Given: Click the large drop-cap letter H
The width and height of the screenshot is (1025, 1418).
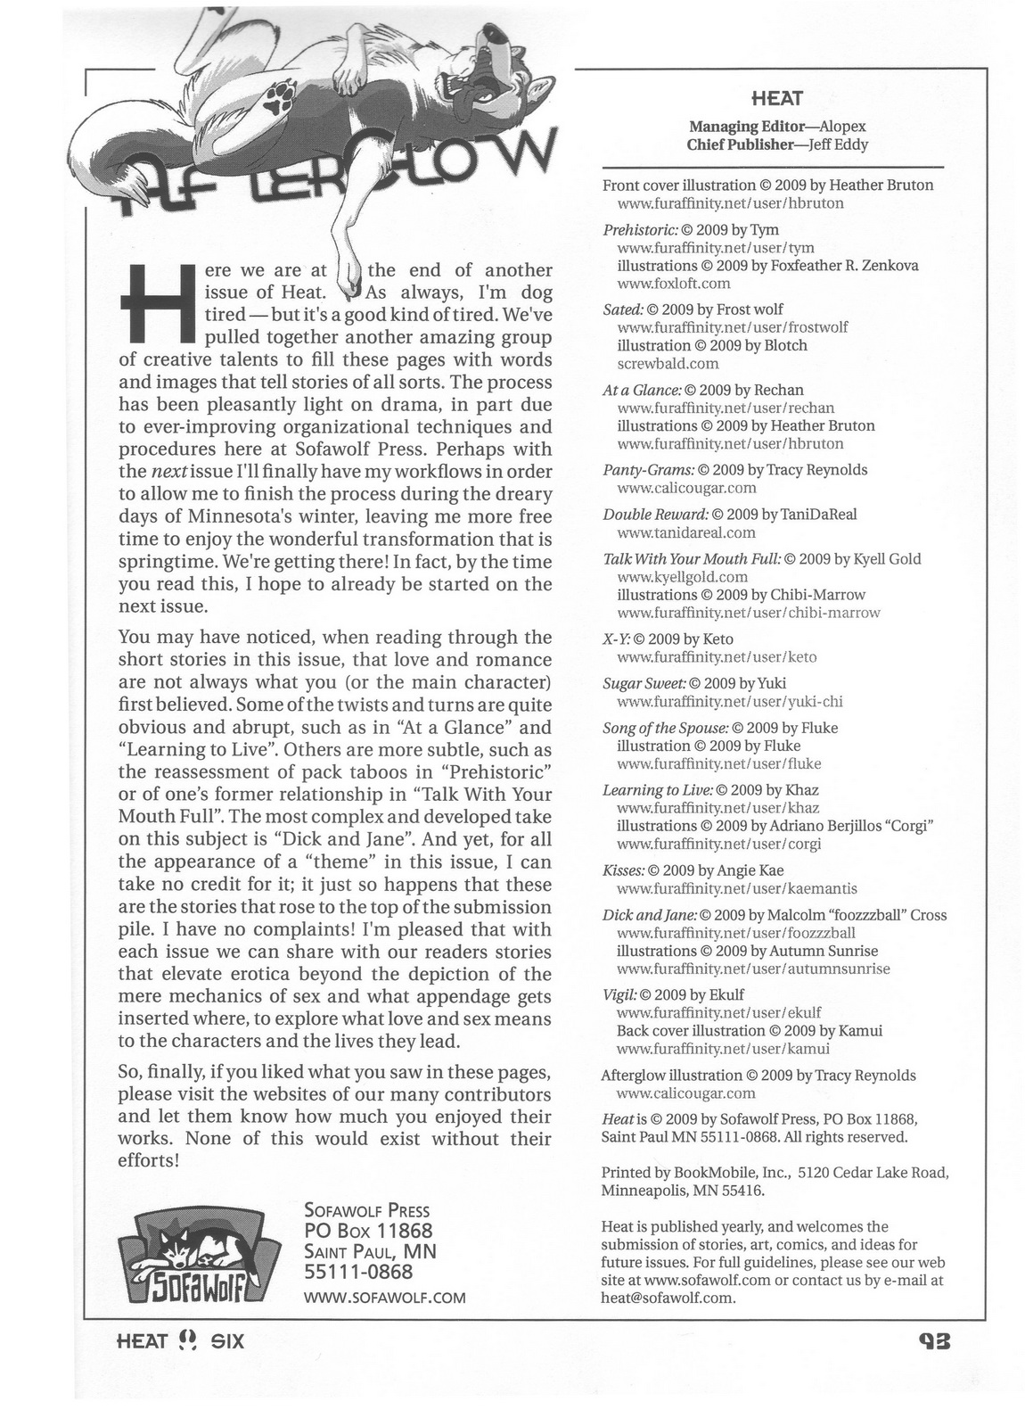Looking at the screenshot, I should tap(156, 304).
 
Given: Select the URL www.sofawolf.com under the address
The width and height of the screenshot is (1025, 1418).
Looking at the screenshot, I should tap(385, 1298).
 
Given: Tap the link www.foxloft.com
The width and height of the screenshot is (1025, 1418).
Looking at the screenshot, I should tap(673, 284).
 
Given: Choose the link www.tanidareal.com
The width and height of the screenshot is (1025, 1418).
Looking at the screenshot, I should tap(685, 532).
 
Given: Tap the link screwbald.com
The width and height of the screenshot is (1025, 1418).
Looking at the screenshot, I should tap(668, 364).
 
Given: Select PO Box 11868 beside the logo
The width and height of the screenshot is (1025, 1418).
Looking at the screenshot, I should tap(368, 1231).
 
